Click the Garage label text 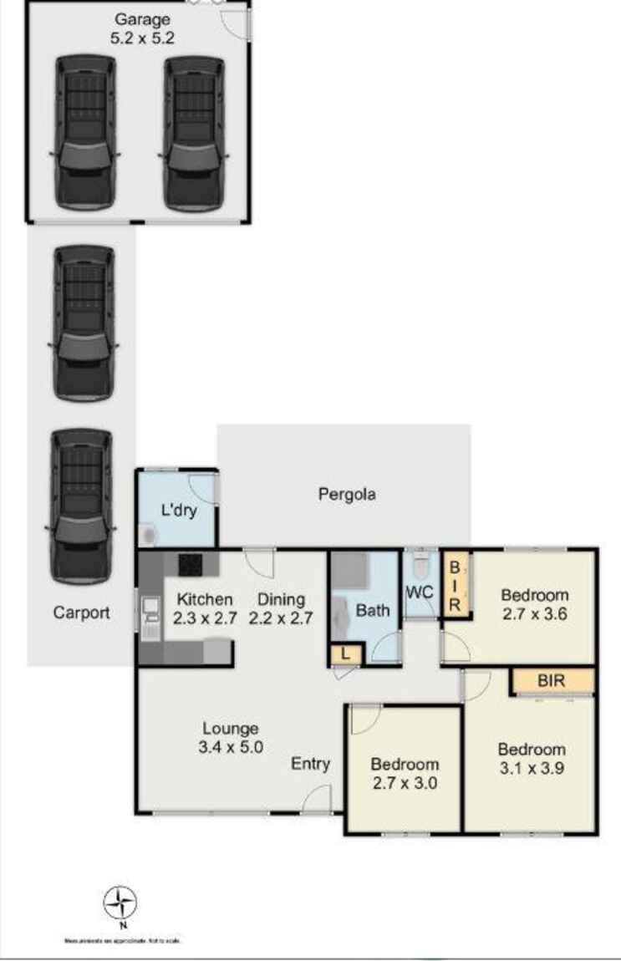143,19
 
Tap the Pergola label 347,494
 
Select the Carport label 81,613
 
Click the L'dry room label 179,510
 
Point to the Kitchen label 204,599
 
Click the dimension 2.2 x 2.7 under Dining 280,619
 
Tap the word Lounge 230,729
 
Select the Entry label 311,764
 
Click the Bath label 373,610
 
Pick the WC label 420,592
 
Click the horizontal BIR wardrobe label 552,681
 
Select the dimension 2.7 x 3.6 535,615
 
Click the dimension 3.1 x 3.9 532,769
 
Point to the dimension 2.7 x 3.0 405,784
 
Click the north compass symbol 121,903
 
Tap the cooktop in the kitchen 191,564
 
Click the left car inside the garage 84,131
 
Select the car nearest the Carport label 81,506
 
